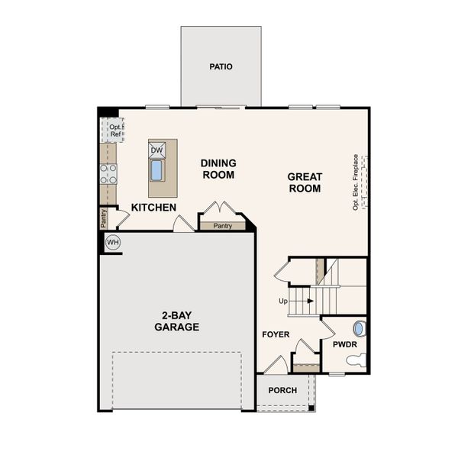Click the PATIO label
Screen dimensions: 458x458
(x=221, y=66)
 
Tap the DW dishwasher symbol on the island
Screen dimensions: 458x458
(x=156, y=150)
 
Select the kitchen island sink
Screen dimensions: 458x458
(x=156, y=169)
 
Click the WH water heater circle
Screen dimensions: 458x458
(x=113, y=243)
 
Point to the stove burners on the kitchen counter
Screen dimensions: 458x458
(x=108, y=174)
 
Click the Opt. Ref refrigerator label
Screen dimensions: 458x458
(x=115, y=131)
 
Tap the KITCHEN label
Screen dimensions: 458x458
(x=153, y=208)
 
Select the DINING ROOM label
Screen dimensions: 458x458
(x=218, y=169)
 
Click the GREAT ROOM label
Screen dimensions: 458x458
(x=305, y=182)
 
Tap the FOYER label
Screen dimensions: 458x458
(x=276, y=334)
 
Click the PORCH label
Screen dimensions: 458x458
(x=283, y=390)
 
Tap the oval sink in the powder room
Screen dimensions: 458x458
(x=360, y=329)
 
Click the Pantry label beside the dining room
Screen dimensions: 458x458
(x=223, y=225)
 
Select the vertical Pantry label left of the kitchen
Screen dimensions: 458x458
(x=104, y=218)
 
